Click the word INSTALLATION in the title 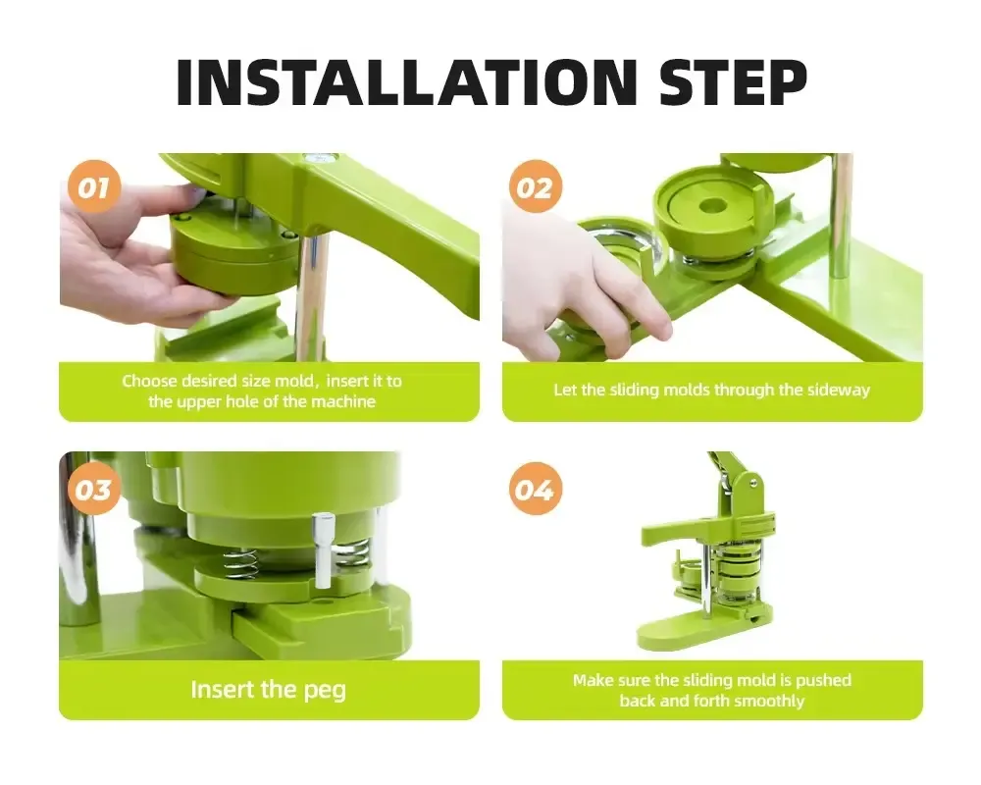tap(406, 82)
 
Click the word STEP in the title tap(733, 82)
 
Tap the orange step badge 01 tap(93, 187)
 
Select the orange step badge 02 tap(535, 187)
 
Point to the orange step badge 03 tap(93, 489)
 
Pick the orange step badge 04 tap(535, 489)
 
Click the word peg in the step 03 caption tap(325, 691)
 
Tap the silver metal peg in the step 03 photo tap(322, 550)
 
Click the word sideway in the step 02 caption tap(839, 390)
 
